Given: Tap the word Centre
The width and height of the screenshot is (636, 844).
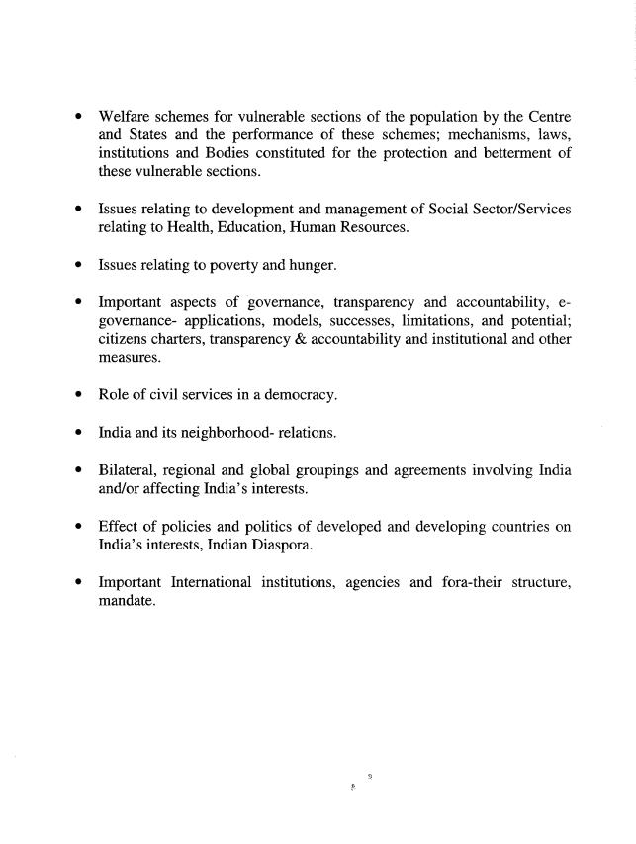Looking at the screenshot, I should (x=546, y=118).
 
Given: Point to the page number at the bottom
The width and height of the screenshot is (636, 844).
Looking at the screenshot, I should (x=368, y=777).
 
